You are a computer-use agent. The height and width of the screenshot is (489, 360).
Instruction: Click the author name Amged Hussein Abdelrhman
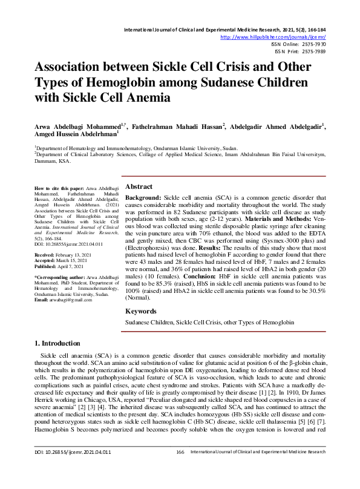74,134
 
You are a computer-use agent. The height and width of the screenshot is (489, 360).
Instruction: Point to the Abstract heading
139,187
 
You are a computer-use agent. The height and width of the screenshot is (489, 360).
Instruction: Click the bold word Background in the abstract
143,198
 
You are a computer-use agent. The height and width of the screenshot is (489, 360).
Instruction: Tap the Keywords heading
140,311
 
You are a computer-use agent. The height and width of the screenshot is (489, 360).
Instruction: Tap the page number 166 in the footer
180,469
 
